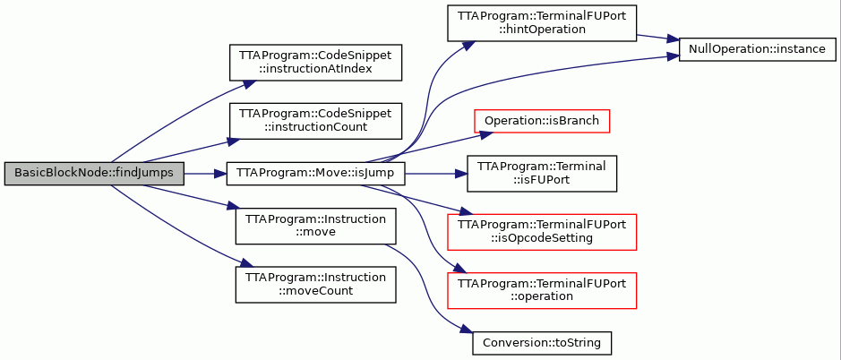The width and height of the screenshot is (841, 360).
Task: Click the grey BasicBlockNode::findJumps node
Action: (x=94, y=174)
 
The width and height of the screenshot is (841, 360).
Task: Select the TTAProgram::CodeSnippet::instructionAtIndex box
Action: (x=315, y=63)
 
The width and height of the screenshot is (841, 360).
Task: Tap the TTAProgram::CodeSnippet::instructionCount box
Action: (x=315, y=121)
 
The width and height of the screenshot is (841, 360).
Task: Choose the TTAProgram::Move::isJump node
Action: (x=315, y=174)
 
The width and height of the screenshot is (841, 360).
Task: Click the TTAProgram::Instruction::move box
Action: (x=315, y=226)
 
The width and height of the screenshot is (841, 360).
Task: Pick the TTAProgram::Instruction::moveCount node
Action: (x=315, y=285)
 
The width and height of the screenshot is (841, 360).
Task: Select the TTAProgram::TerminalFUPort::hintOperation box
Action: (x=542, y=23)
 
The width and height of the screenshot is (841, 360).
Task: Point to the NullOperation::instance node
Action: (x=758, y=49)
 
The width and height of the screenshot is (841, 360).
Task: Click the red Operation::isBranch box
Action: (x=542, y=121)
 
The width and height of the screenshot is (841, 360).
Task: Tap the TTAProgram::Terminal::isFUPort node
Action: (x=542, y=174)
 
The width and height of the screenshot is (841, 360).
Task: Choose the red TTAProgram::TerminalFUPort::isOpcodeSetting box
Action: (x=542, y=232)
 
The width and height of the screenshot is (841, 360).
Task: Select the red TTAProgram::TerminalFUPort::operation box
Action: (x=542, y=290)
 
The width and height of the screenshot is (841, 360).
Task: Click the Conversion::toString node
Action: (x=542, y=342)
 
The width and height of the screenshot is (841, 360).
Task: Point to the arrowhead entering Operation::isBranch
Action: (x=486, y=134)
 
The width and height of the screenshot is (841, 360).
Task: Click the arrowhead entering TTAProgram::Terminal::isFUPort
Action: (x=460, y=174)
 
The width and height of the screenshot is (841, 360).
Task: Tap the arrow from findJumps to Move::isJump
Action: (x=205, y=174)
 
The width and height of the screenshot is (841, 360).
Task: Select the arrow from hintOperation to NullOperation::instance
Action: (x=657, y=39)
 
